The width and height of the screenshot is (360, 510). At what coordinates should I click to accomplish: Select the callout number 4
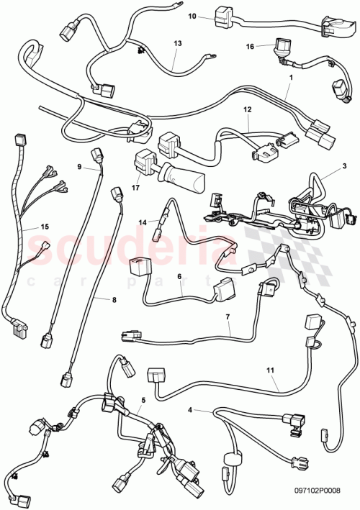189,410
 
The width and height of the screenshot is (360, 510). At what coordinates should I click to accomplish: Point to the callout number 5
143,399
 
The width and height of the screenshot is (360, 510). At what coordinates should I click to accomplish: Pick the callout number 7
228,316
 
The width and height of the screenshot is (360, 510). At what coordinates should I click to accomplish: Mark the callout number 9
80,166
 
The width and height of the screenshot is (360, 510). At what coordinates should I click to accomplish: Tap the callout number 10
192,15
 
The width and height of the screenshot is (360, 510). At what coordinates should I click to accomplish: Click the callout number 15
24,227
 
